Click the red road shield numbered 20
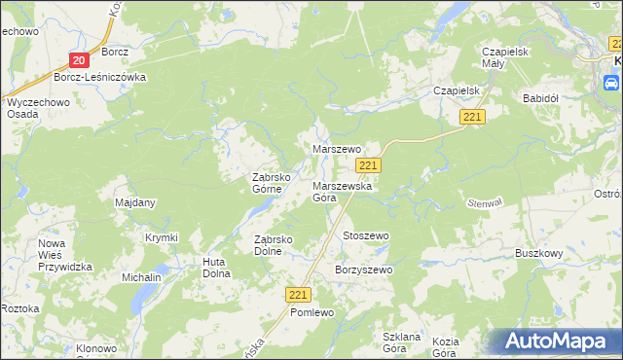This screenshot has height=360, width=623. [x=79, y=60]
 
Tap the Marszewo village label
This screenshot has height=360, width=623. [x=336, y=149]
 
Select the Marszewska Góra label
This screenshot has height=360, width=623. [x=338, y=191]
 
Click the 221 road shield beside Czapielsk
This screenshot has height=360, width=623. [x=472, y=117]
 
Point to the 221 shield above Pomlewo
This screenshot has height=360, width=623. [x=299, y=294]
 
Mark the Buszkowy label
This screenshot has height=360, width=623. [x=539, y=253]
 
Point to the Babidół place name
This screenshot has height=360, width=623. [x=539, y=98]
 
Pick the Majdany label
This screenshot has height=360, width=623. [x=135, y=202]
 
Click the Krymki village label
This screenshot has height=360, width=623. [x=162, y=237]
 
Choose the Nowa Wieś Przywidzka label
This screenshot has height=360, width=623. [x=64, y=255]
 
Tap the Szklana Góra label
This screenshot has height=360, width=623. [x=401, y=342]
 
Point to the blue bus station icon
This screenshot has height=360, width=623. [x=611, y=85]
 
